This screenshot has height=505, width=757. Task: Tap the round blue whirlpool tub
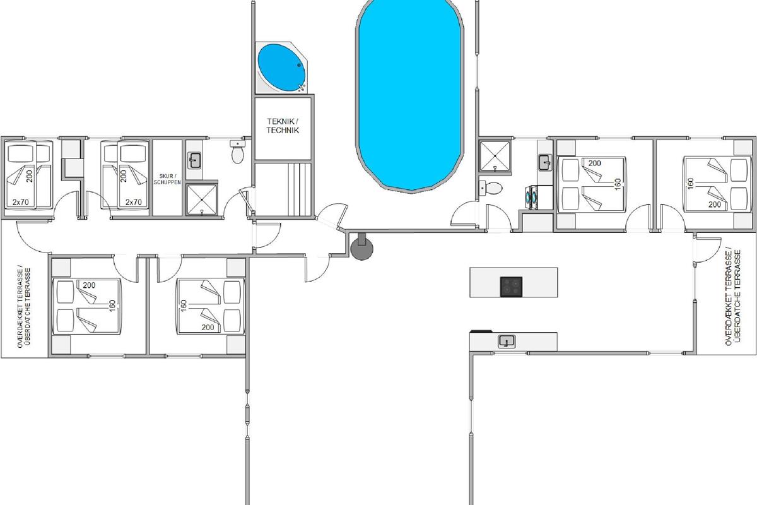281,68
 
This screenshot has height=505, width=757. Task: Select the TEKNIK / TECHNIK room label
283,126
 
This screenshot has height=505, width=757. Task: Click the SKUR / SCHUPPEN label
167,179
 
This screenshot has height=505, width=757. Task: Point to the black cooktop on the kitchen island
511,287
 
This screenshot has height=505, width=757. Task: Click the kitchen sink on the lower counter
507,342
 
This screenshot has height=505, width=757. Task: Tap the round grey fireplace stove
362,247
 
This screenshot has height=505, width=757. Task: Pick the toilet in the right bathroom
491,188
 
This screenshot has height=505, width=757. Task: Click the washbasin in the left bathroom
195,160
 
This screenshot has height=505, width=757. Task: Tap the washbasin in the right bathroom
545,162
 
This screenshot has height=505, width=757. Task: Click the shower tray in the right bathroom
495,155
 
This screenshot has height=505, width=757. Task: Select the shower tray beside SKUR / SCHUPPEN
201,199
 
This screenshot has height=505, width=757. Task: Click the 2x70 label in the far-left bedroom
21,202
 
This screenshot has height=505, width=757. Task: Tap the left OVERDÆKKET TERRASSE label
20,308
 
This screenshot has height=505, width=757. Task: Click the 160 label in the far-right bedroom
690,184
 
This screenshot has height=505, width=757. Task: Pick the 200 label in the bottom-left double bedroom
89,285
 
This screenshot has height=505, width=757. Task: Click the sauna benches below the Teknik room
299,189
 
